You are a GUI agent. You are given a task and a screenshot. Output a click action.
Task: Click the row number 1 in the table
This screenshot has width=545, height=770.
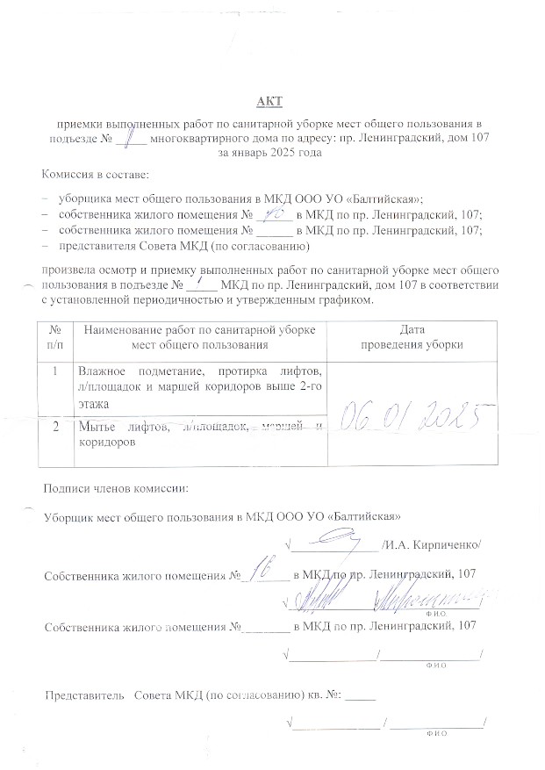click(x=55, y=371)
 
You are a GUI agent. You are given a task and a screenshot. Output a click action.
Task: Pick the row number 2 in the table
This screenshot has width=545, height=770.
click(x=55, y=428)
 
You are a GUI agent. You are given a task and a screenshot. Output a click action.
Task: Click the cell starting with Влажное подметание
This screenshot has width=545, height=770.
click(x=199, y=387)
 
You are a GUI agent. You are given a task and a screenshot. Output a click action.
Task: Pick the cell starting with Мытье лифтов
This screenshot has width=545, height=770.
click(x=199, y=435)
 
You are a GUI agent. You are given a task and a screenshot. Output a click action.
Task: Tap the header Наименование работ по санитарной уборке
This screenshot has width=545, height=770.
click(x=199, y=329)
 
